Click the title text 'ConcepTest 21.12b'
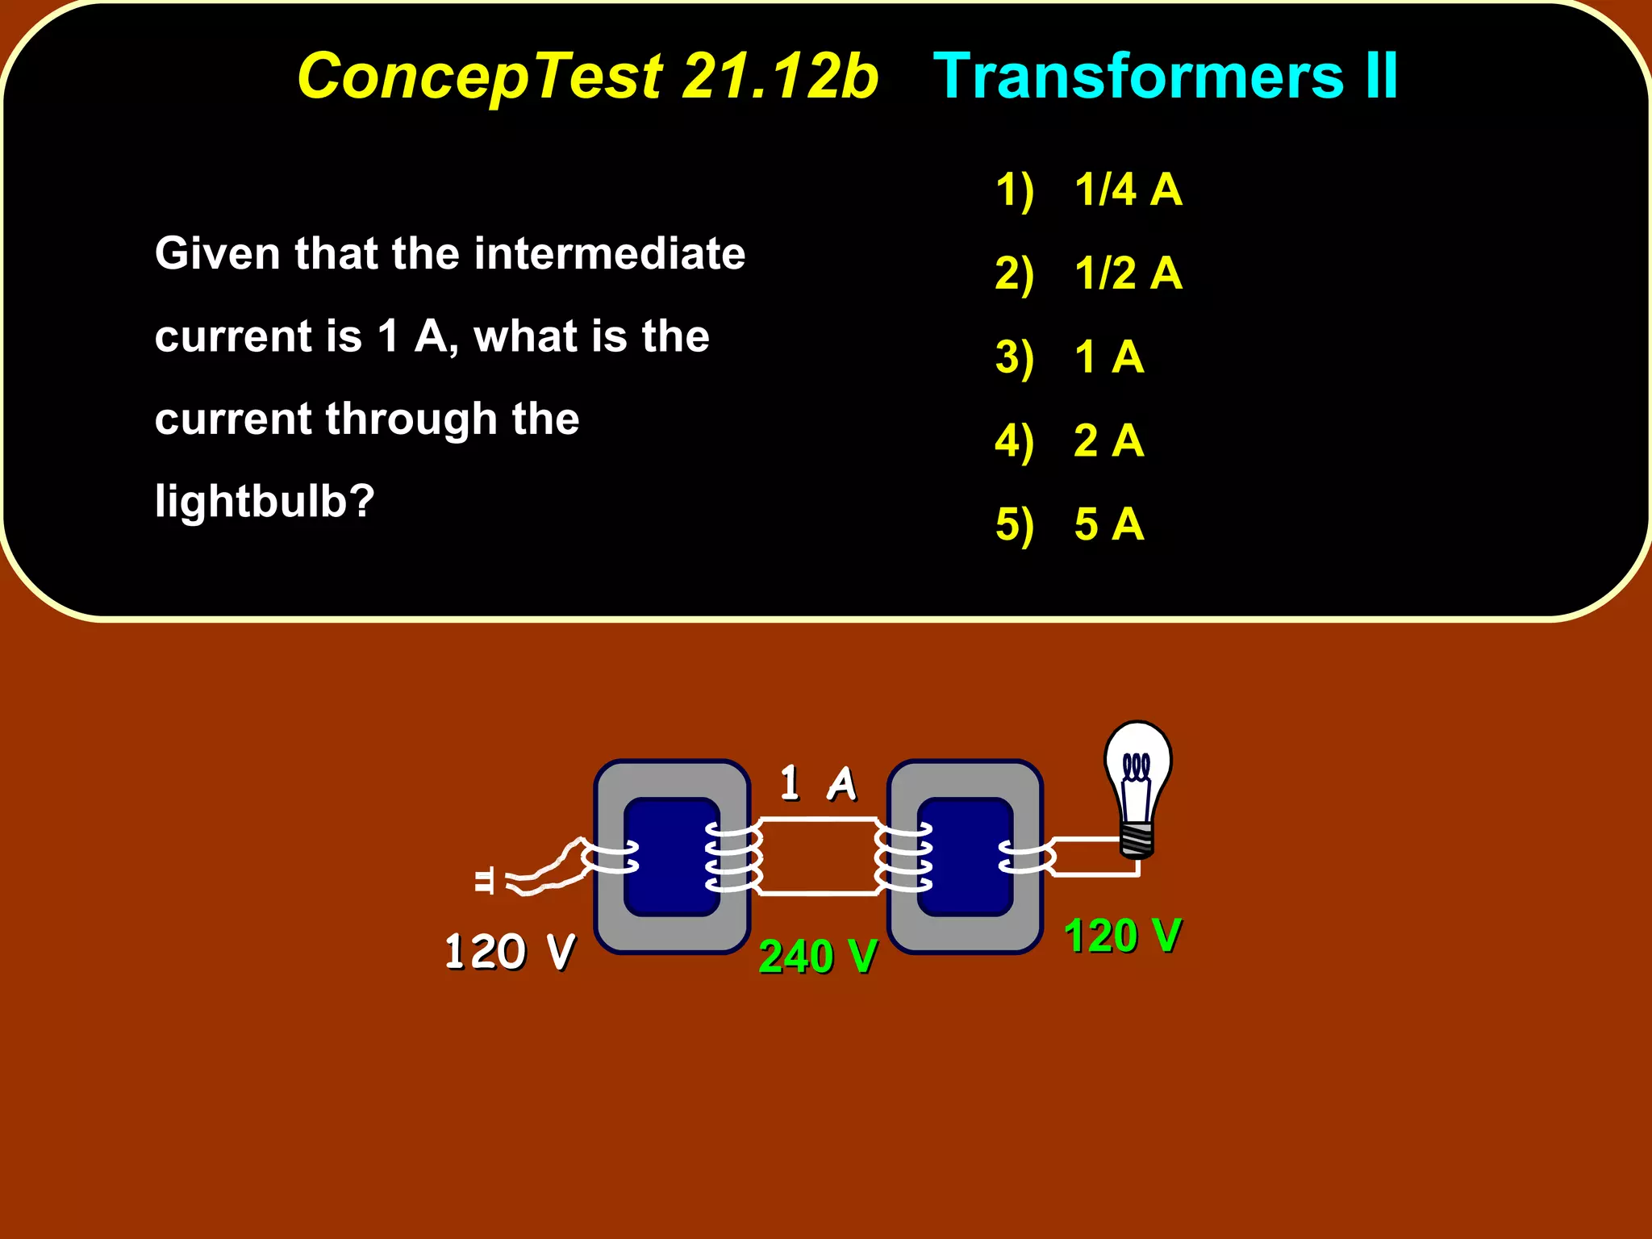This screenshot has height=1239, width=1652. tap(587, 77)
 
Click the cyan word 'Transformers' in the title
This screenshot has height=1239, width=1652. tap(1137, 77)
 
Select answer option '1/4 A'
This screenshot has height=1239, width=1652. tap(1128, 190)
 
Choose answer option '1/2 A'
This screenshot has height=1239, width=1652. tap(1128, 273)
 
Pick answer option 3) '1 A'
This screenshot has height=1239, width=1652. tap(1108, 357)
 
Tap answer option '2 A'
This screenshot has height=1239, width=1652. tap(1108, 440)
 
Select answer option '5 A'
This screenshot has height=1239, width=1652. tap(1108, 524)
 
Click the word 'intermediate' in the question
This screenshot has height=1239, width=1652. tap(610, 253)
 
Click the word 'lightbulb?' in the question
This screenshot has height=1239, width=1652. tap(265, 502)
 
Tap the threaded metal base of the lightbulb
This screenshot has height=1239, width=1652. tap(1137, 840)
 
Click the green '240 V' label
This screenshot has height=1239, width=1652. tap(817, 957)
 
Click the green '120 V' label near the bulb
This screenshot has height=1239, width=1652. tap(1122, 936)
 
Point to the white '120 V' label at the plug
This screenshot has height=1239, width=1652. tap(509, 952)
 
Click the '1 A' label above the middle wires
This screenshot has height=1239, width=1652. tap(817, 783)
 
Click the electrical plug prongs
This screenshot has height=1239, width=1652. tap(484, 881)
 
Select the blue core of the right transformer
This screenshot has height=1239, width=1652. tap(966, 857)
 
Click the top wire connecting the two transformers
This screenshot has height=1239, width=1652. tap(819, 820)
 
